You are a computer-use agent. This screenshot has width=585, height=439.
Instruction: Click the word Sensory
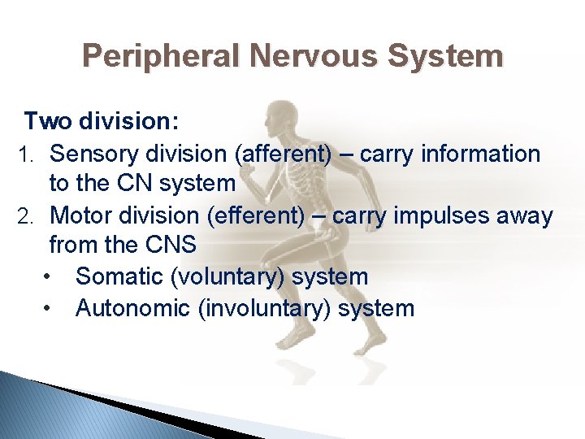click(x=97, y=154)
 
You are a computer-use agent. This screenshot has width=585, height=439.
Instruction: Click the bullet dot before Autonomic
click(x=50, y=309)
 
